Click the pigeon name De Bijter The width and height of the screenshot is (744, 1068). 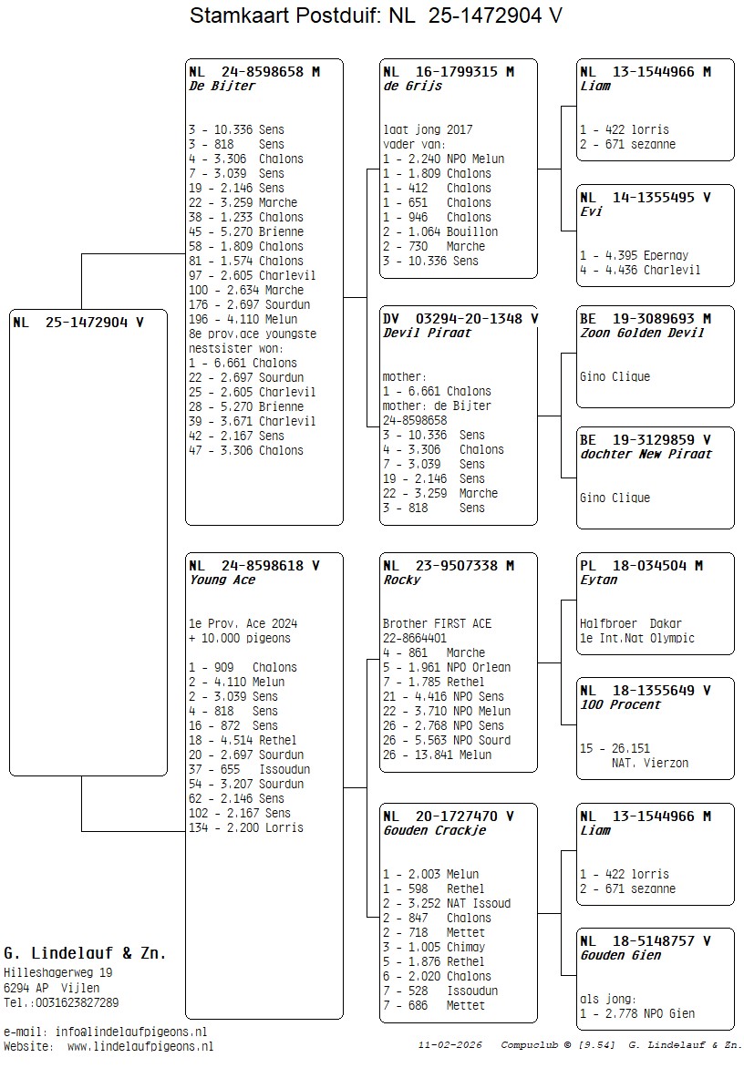click(222, 87)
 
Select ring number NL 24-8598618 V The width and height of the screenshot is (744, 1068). click(253, 566)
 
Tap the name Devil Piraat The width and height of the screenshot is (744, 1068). click(415, 334)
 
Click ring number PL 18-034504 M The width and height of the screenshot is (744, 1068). click(641, 566)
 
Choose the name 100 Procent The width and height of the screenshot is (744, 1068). click(620, 705)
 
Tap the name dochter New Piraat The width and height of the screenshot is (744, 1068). click(646, 455)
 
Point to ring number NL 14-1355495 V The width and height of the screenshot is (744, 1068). click(645, 197)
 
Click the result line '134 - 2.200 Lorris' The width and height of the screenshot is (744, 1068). click(246, 827)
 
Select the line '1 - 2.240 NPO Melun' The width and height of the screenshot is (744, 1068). click(443, 159)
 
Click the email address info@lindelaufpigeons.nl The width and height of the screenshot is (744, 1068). click(130, 1032)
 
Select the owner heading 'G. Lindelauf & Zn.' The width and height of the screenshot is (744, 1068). click(85, 954)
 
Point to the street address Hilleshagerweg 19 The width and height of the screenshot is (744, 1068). click(58, 973)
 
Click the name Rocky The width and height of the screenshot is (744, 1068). click(401, 580)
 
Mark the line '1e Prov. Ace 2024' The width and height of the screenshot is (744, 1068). click(243, 624)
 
